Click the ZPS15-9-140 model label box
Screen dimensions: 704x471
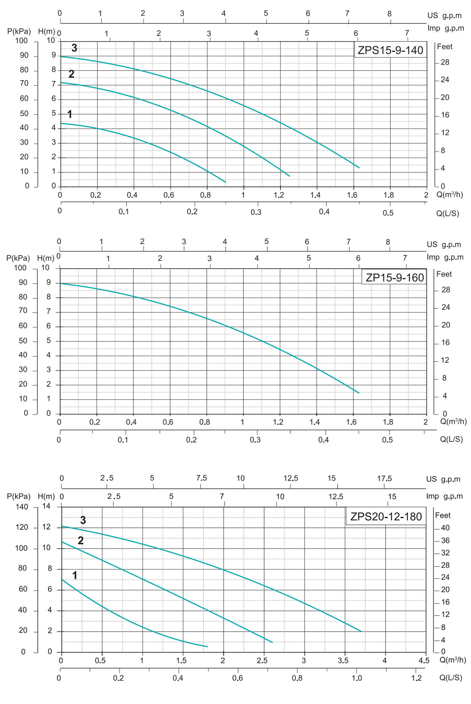tap(390, 50)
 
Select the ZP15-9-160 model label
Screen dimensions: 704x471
tap(394, 278)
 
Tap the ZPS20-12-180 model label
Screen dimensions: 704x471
tap(386, 516)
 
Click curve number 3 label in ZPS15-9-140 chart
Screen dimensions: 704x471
tap(74, 48)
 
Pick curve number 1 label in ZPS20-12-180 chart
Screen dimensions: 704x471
tap(75, 575)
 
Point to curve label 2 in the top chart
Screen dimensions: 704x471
tap(71, 74)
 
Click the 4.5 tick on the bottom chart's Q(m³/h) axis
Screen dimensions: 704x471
tap(424, 660)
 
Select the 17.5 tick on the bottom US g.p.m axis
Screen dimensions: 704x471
tap(384, 479)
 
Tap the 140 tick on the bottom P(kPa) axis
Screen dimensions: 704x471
tap(22, 507)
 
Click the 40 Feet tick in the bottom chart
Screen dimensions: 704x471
tap(445, 528)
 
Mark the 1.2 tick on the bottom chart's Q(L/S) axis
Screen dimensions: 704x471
tap(416, 678)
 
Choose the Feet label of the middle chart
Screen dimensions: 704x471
tap(444, 274)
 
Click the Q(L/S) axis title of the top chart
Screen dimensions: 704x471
tap(448, 213)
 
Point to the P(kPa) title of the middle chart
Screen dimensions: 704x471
tap(18, 258)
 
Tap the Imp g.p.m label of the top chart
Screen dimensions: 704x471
tap(446, 28)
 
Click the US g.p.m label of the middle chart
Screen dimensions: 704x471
tap(444, 244)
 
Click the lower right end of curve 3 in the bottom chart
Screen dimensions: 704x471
tap(361, 631)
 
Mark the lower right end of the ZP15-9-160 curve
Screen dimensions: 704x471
tap(358, 393)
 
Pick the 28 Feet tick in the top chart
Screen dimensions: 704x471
tap(445, 62)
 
